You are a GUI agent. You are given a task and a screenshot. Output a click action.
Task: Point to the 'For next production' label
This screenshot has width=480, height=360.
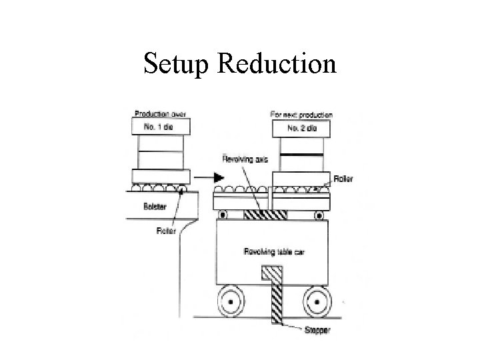click(301, 114)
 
